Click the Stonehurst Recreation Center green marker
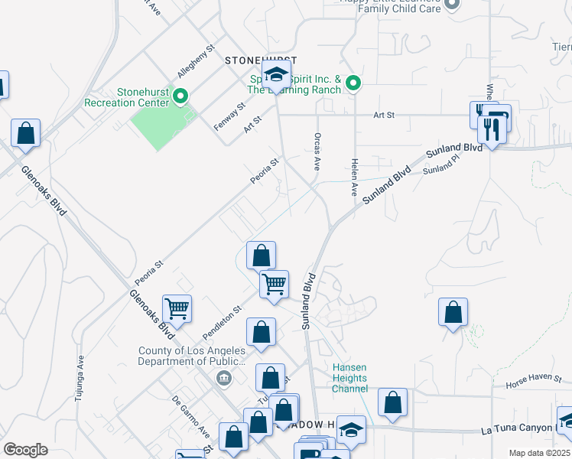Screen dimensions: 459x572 180,96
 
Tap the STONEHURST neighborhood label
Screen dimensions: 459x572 259,60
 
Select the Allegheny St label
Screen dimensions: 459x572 190,65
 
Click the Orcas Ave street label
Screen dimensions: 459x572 316,150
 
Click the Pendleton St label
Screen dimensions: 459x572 222,322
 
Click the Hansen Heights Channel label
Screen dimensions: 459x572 349,378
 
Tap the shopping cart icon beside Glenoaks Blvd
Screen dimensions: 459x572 177,309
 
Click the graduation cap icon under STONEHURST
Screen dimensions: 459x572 275,74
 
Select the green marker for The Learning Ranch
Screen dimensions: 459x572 353,82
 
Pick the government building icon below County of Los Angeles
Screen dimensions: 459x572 224,377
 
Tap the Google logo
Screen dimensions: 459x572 25,450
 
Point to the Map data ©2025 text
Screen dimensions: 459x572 539,453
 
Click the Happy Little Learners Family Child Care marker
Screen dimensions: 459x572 452,4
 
